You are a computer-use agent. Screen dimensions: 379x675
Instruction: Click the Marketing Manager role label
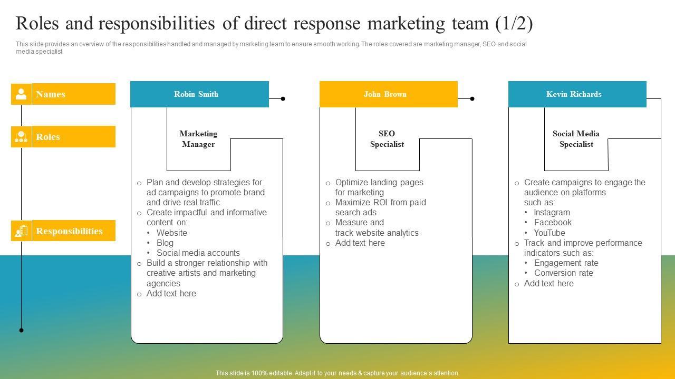[x=198, y=139]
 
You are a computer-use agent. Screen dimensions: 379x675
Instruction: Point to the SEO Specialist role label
[x=387, y=139]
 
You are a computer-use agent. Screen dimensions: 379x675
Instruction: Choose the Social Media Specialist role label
[x=576, y=139]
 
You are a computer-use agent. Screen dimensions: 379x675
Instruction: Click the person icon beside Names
[x=21, y=94]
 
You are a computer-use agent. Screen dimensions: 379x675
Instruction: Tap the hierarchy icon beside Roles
[x=21, y=137]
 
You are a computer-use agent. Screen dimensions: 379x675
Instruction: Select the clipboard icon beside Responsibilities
[x=21, y=231]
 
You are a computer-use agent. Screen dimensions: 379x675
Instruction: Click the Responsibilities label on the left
[x=69, y=231]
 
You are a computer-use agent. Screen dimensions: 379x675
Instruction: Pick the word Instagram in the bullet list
[x=552, y=213]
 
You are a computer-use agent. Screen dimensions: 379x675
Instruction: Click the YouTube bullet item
[x=549, y=233]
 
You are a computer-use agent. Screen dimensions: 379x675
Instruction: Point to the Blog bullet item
[x=165, y=243]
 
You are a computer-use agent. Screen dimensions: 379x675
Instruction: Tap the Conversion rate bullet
[x=563, y=273]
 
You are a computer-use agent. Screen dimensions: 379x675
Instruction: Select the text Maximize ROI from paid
[x=380, y=203]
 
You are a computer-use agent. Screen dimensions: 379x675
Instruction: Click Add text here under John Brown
[x=360, y=243]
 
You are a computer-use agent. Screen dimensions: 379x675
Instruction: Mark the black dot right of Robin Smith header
[x=283, y=98]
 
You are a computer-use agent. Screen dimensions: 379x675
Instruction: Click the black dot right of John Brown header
[x=472, y=98]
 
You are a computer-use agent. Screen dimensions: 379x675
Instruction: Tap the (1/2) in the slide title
[x=514, y=24]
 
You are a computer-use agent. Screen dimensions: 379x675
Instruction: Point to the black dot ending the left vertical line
[x=21, y=330]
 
